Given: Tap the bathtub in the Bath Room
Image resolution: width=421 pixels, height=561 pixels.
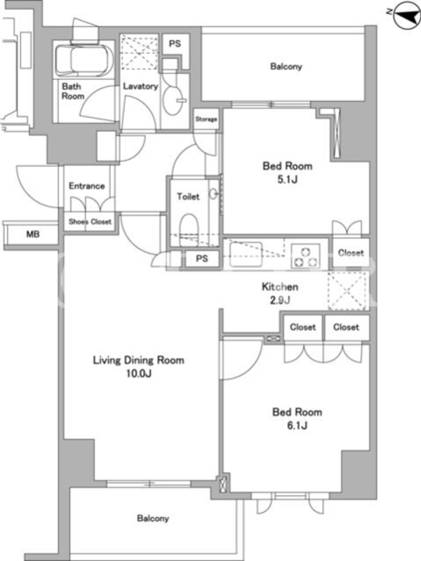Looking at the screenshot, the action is pos(85,59).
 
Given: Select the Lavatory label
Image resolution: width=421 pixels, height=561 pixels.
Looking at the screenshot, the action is pos(140,86).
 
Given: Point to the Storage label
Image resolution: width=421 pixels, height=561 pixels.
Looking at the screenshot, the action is pos(206,119).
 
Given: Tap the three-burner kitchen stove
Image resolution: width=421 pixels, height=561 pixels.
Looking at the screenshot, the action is pos(305,255).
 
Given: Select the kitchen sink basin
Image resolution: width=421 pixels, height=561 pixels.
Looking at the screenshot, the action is pos(246,255).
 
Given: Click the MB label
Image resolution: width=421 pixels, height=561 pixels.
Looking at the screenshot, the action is pos(33,234).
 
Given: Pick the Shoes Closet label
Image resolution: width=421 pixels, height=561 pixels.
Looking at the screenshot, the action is pos(90,222).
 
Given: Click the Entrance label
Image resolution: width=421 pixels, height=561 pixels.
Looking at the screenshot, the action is pos(86,186).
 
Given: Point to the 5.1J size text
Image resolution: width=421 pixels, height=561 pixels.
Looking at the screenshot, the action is pos(288,180).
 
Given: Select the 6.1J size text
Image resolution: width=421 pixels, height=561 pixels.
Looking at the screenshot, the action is pos(297,425).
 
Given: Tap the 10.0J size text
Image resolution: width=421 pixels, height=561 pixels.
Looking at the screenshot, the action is pos(138,374).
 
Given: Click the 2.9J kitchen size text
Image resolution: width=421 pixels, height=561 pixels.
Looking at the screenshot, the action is pos(280,300).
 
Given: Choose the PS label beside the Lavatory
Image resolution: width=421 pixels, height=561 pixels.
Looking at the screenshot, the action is pos(175,44).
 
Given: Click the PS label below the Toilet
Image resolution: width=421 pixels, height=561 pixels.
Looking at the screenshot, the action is pos(202,258).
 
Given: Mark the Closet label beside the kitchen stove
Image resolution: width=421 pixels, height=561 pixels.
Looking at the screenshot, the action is pos(351,253).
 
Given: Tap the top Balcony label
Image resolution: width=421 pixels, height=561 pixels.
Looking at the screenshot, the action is pos(286,67).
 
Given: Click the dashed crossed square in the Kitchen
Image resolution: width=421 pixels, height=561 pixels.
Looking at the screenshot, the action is pos(348,290).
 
